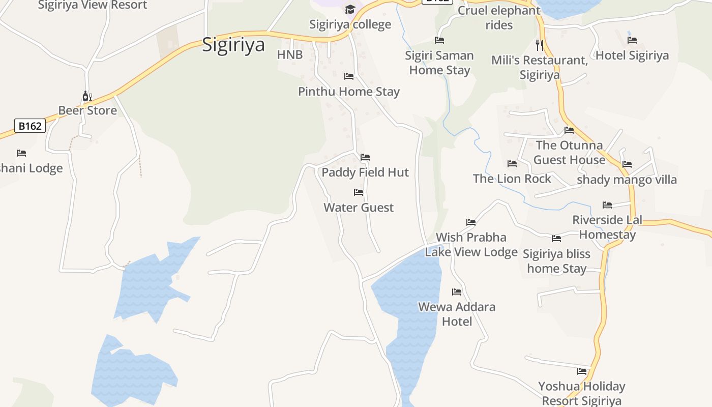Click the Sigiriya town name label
coord(233,45)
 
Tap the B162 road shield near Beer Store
coord(30,126)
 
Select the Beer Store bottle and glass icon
coord(87,96)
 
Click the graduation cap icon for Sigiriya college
coord(350,9)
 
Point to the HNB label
coord(290,55)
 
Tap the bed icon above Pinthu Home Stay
coord(349,76)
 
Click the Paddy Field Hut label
coord(365,172)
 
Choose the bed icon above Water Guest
coord(359,192)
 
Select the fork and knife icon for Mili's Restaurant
coord(540,45)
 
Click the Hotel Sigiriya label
coord(632,55)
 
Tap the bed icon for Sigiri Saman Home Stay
coord(439,40)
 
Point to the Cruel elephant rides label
coord(499,17)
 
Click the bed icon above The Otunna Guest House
coord(569,130)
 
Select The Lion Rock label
coord(512,179)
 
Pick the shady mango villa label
coord(627,180)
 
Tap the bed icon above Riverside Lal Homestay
coord(607,205)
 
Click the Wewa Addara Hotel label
coord(457,314)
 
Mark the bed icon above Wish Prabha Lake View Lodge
coord(471,222)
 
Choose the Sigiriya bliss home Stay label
coord(556,261)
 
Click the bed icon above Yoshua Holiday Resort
coord(582,371)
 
